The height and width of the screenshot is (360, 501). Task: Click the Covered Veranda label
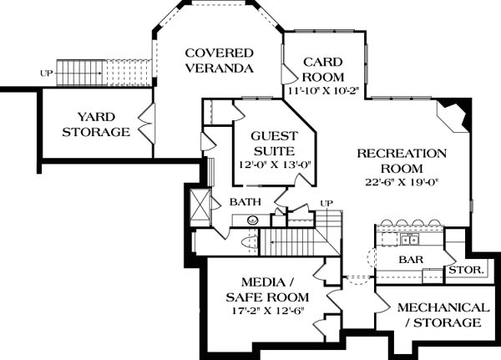point(220,60)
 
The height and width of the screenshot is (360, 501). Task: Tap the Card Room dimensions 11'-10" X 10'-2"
point(324,91)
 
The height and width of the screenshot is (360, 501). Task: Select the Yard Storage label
point(96,124)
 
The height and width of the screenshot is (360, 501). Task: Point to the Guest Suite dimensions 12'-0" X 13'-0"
point(275,165)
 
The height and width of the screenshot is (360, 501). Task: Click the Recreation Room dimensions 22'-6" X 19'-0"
point(402,182)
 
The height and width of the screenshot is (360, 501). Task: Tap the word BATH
point(245,202)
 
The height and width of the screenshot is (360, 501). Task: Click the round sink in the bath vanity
point(253,220)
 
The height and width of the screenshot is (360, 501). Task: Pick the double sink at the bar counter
point(409,240)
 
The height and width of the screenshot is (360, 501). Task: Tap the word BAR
point(411,260)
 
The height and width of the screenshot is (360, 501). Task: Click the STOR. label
point(467,270)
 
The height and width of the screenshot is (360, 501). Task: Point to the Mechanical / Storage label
point(443,315)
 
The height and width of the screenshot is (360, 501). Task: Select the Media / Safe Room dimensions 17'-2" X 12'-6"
point(267,311)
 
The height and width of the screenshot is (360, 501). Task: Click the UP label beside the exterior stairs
point(46,74)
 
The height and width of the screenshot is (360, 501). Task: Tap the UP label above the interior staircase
point(326,203)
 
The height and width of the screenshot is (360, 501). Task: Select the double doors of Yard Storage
point(147,123)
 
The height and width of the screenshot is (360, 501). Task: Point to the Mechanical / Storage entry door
point(382,302)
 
